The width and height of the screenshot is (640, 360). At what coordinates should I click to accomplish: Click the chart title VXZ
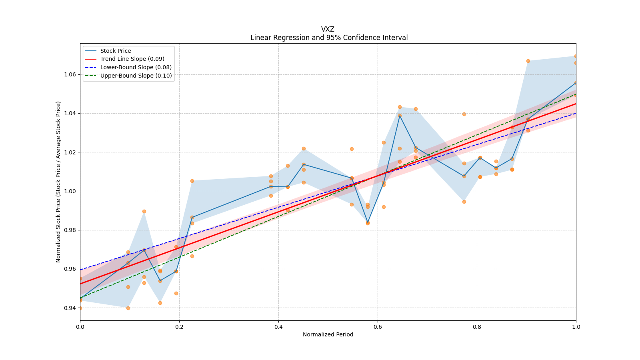tap(328, 29)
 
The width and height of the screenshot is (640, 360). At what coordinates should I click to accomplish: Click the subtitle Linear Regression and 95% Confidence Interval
tap(329, 38)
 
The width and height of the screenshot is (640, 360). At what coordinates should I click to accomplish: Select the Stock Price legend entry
tap(116, 51)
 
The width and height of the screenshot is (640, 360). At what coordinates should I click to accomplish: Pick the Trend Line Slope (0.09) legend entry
tap(132, 59)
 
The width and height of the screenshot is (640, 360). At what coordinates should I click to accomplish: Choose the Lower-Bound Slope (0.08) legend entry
tap(136, 67)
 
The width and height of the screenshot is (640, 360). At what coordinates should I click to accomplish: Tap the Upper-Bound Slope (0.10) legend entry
tap(136, 76)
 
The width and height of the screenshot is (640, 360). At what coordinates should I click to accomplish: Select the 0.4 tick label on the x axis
tap(278, 327)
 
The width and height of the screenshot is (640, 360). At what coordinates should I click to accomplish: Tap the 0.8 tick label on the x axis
tap(477, 327)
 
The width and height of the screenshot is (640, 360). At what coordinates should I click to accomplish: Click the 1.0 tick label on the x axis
tap(576, 327)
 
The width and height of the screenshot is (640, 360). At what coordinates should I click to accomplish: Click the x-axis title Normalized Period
tap(328, 334)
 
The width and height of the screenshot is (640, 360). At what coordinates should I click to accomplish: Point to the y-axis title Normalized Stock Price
tap(58, 182)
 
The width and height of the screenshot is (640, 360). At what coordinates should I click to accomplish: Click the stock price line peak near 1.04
tap(400, 116)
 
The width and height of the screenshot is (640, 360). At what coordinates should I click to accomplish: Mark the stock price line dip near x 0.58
tap(368, 223)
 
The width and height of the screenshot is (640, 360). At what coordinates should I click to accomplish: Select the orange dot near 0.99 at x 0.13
tap(144, 211)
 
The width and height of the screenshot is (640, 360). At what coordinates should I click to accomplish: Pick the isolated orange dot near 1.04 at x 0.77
tap(464, 114)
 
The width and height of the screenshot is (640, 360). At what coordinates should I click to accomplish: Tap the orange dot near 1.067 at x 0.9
tap(528, 61)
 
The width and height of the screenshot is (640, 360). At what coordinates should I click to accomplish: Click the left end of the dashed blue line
tap(81, 270)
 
